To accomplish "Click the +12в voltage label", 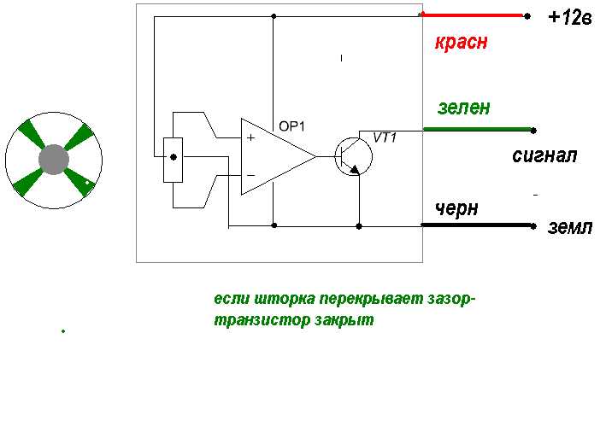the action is tap(569, 18).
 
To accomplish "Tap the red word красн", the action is tap(461, 42).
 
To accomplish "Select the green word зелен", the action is tap(464, 108).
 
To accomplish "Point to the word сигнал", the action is tap(544, 155).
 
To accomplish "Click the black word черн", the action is tap(456, 209).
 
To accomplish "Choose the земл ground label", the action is tap(569, 227).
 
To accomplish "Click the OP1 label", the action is tap(291, 126).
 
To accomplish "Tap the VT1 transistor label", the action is tap(385, 137).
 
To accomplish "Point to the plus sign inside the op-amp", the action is tap(250, 137).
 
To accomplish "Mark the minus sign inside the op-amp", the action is tap(250, 176).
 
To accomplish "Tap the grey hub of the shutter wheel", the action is tap(54, 160).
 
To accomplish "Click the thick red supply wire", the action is tap(473, 15).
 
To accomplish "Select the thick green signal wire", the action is tap(478, 129).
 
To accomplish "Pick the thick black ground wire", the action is tap(477, 225).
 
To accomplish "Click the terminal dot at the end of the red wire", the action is tap(527, 16).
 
